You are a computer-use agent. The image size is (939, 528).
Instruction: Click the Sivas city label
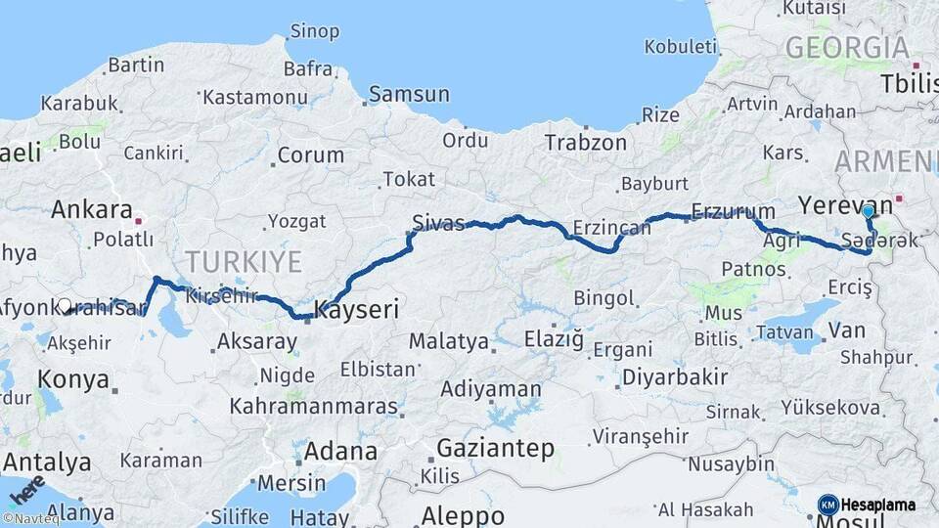(438, 222)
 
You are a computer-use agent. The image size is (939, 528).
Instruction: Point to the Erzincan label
(611, 228)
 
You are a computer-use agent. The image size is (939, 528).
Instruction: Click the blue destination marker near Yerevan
(868, 211)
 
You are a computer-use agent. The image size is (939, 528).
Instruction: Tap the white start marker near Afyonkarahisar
(65, 306)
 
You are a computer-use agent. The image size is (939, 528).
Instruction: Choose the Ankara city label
(91, 209)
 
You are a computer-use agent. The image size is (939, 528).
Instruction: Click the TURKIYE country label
(244, 261)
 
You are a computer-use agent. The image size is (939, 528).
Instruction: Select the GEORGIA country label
(847, 47)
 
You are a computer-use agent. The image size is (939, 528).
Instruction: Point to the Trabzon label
(585, 143)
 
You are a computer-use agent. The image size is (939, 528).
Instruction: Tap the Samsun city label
(410, 95)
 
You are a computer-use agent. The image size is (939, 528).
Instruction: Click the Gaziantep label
(495, 449)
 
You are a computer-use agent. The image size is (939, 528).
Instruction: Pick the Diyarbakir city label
(675, 376)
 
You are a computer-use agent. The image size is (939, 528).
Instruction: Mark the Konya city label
(72, 379)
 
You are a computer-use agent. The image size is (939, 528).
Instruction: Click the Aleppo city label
(463, 515)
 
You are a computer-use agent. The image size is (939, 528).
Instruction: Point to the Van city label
(847, 330)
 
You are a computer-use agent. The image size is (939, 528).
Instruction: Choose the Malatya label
(448, 341)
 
